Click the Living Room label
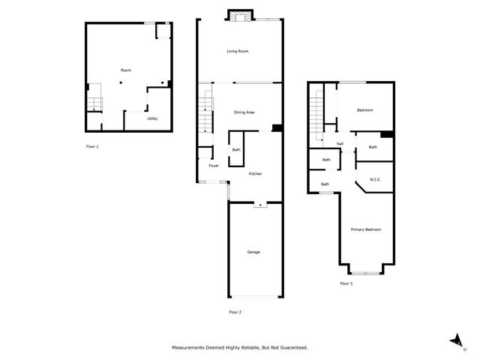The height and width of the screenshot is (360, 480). (238, 51)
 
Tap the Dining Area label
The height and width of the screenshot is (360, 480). (244, 112)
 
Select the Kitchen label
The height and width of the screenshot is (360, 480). (255, 174)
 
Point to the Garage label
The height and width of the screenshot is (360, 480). (253, 252)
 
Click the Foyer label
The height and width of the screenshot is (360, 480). (214, 166)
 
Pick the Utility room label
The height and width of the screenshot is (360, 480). (152, 118)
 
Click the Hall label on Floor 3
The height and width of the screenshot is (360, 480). (340, 144)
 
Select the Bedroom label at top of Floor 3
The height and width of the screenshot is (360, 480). (365, 110)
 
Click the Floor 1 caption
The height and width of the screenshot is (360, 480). (92, 146)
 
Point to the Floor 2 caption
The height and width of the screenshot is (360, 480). (235, 311)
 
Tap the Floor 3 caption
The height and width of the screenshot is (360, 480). (346, 283)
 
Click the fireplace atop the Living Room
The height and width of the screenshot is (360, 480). (241, 16)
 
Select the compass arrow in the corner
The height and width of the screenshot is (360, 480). (454, 341)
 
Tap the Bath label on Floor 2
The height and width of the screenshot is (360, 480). (236, 149)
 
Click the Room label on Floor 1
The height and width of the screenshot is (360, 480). (126, 70)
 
